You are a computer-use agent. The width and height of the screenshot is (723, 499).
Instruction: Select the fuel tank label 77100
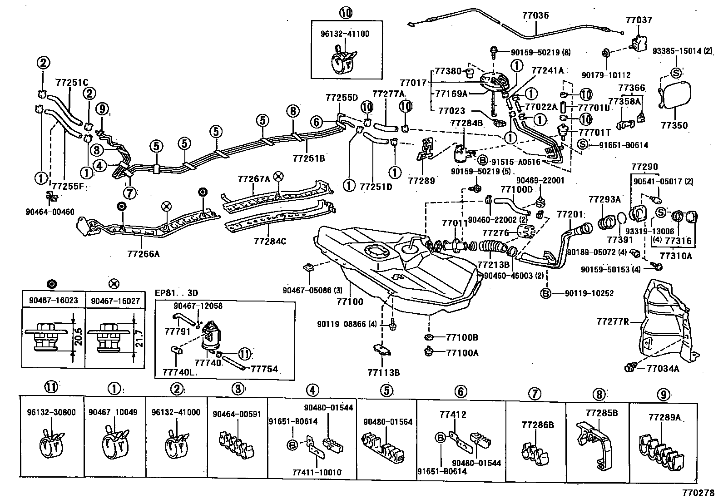(x=349, y=301)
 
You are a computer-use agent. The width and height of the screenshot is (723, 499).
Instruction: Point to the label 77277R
(x=613, y=322)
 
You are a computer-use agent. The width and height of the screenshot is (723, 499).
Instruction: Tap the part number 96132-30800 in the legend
(x=51, y=413)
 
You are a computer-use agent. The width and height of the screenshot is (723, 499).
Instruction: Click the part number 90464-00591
(x=237, y=414)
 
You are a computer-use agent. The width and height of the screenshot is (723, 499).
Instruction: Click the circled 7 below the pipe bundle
(x=129, y=193)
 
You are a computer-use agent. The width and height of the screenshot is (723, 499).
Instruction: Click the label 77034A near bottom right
(x=663, y=368)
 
